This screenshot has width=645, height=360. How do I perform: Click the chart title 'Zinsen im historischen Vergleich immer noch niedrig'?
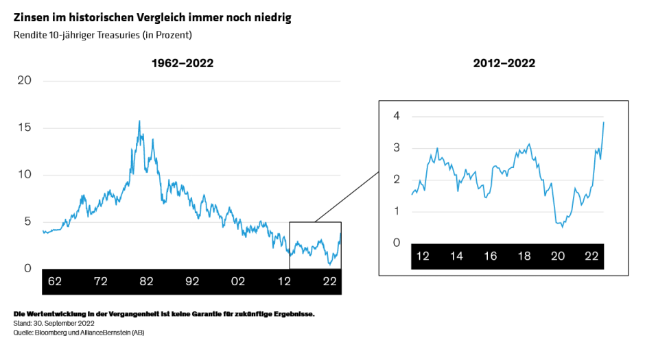152,18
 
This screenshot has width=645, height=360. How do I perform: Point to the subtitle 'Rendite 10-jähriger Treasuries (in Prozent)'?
102,34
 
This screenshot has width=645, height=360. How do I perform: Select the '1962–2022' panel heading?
183,63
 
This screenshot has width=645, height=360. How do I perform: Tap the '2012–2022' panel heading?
504,63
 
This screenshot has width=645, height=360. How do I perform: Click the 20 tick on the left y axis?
25,80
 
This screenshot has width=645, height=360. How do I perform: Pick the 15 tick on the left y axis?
25,128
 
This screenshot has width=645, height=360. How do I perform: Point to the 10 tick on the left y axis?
25,175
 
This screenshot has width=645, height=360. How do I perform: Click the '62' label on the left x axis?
56,281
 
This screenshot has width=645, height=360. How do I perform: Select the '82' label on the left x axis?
146,281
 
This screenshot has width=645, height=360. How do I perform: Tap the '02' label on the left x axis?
238,281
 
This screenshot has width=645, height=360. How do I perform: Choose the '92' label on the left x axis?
192,281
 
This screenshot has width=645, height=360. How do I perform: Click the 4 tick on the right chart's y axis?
397,116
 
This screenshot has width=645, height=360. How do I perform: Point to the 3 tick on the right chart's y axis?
397,148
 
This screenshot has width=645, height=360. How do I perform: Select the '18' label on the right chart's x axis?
524,256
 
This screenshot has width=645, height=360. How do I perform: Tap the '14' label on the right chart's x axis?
456,256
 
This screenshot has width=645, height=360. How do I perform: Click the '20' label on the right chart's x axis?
558,256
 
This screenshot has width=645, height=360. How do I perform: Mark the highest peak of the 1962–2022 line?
139,121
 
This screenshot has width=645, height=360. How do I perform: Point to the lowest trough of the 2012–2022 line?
563,227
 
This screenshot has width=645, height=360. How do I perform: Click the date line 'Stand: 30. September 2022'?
57,323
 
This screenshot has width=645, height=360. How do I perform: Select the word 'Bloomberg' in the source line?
49,332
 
